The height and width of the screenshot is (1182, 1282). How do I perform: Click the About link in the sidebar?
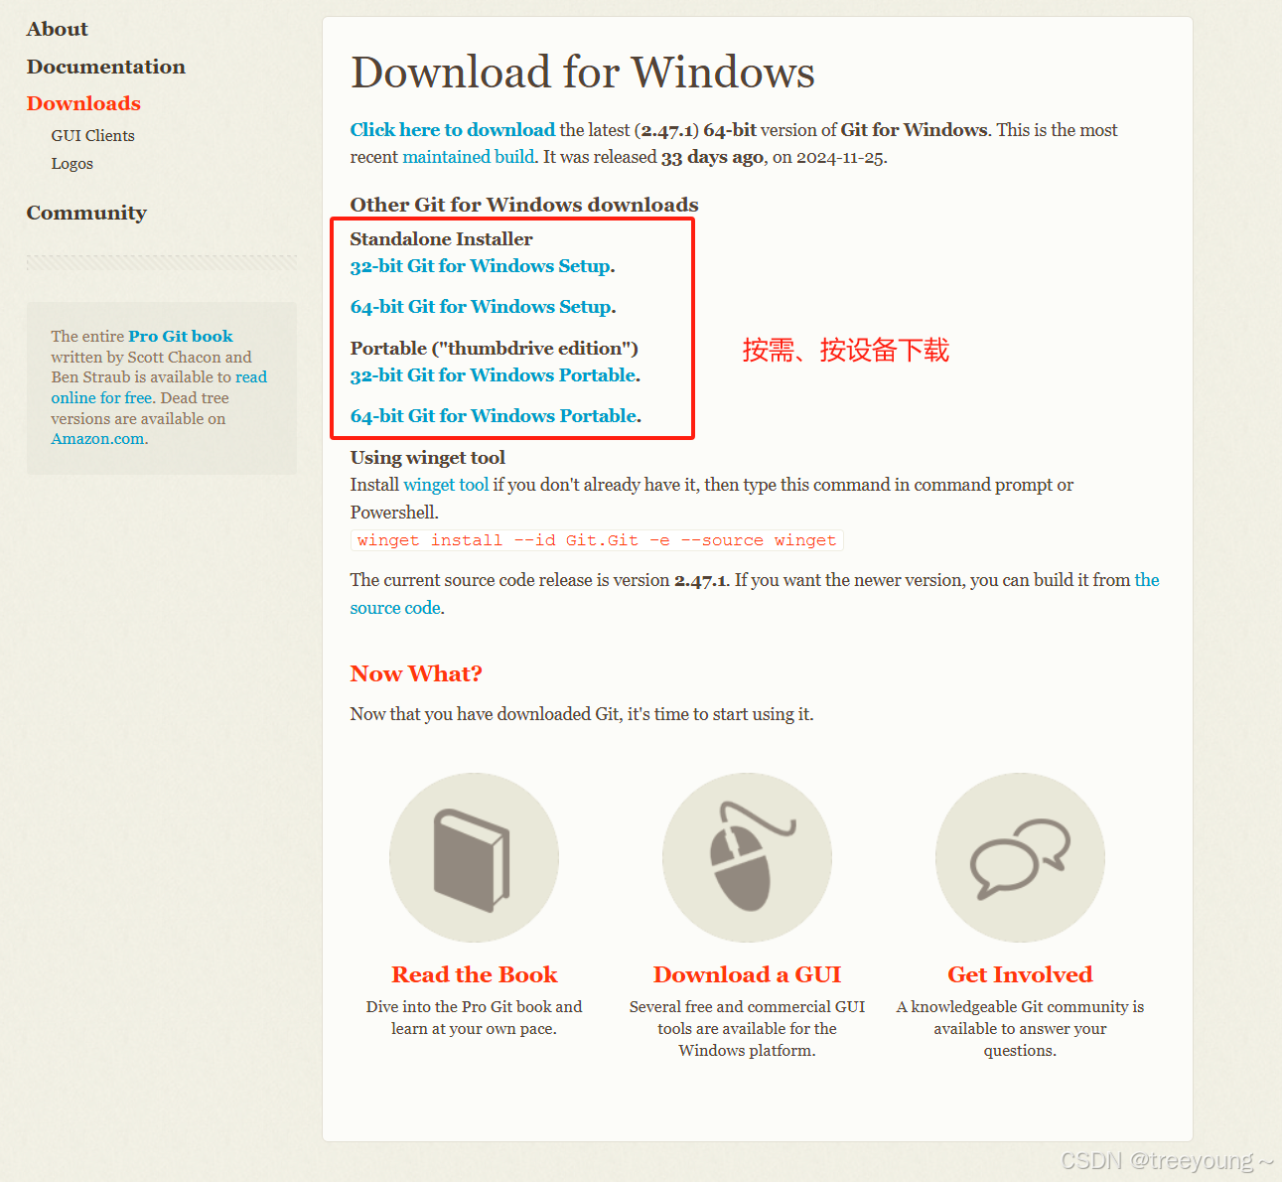point(57,29)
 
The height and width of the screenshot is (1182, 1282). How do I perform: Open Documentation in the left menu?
point(106,67)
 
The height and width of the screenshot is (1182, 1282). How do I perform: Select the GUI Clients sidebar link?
point(93,136)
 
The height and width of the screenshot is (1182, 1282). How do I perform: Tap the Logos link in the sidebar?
point(72,164)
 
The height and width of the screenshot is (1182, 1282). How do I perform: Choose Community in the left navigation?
point(86,214)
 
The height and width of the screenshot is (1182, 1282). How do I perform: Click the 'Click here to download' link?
point(453,130)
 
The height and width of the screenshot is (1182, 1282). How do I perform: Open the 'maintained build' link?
point(469,157)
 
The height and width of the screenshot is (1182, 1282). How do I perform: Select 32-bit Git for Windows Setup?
point(481,266)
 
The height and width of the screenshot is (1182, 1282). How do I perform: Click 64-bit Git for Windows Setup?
point(482,307)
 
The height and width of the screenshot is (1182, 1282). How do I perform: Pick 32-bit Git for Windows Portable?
point(494,375)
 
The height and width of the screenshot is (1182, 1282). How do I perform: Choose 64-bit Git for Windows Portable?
point(495,416)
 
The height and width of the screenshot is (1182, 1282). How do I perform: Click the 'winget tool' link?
point(446,485)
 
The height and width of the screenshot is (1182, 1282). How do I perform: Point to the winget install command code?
point(597,540)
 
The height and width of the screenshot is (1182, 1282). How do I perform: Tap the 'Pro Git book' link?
point(181,336)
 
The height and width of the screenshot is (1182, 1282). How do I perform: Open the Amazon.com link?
point(97,439)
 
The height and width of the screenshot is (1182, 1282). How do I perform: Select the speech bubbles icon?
point(1020,858)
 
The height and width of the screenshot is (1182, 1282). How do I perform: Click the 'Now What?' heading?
point(416,673)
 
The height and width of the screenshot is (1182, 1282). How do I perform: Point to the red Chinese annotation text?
point(846,350)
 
